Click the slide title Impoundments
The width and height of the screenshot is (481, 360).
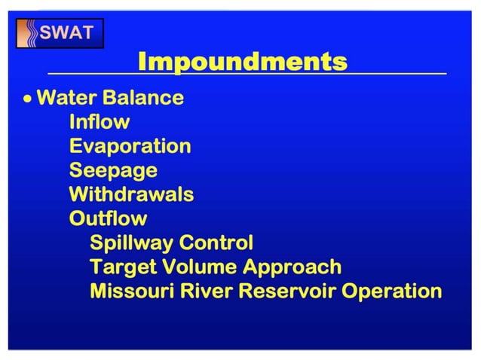242,62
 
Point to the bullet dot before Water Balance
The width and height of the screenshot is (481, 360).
28,99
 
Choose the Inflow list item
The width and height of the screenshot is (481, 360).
99,122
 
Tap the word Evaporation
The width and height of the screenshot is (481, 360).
130,146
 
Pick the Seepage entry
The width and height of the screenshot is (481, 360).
113,171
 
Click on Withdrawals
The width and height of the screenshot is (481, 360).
131,194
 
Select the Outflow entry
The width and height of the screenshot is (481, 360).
108,218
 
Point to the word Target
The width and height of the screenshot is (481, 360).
116,267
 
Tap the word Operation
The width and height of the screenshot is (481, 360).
393,291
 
